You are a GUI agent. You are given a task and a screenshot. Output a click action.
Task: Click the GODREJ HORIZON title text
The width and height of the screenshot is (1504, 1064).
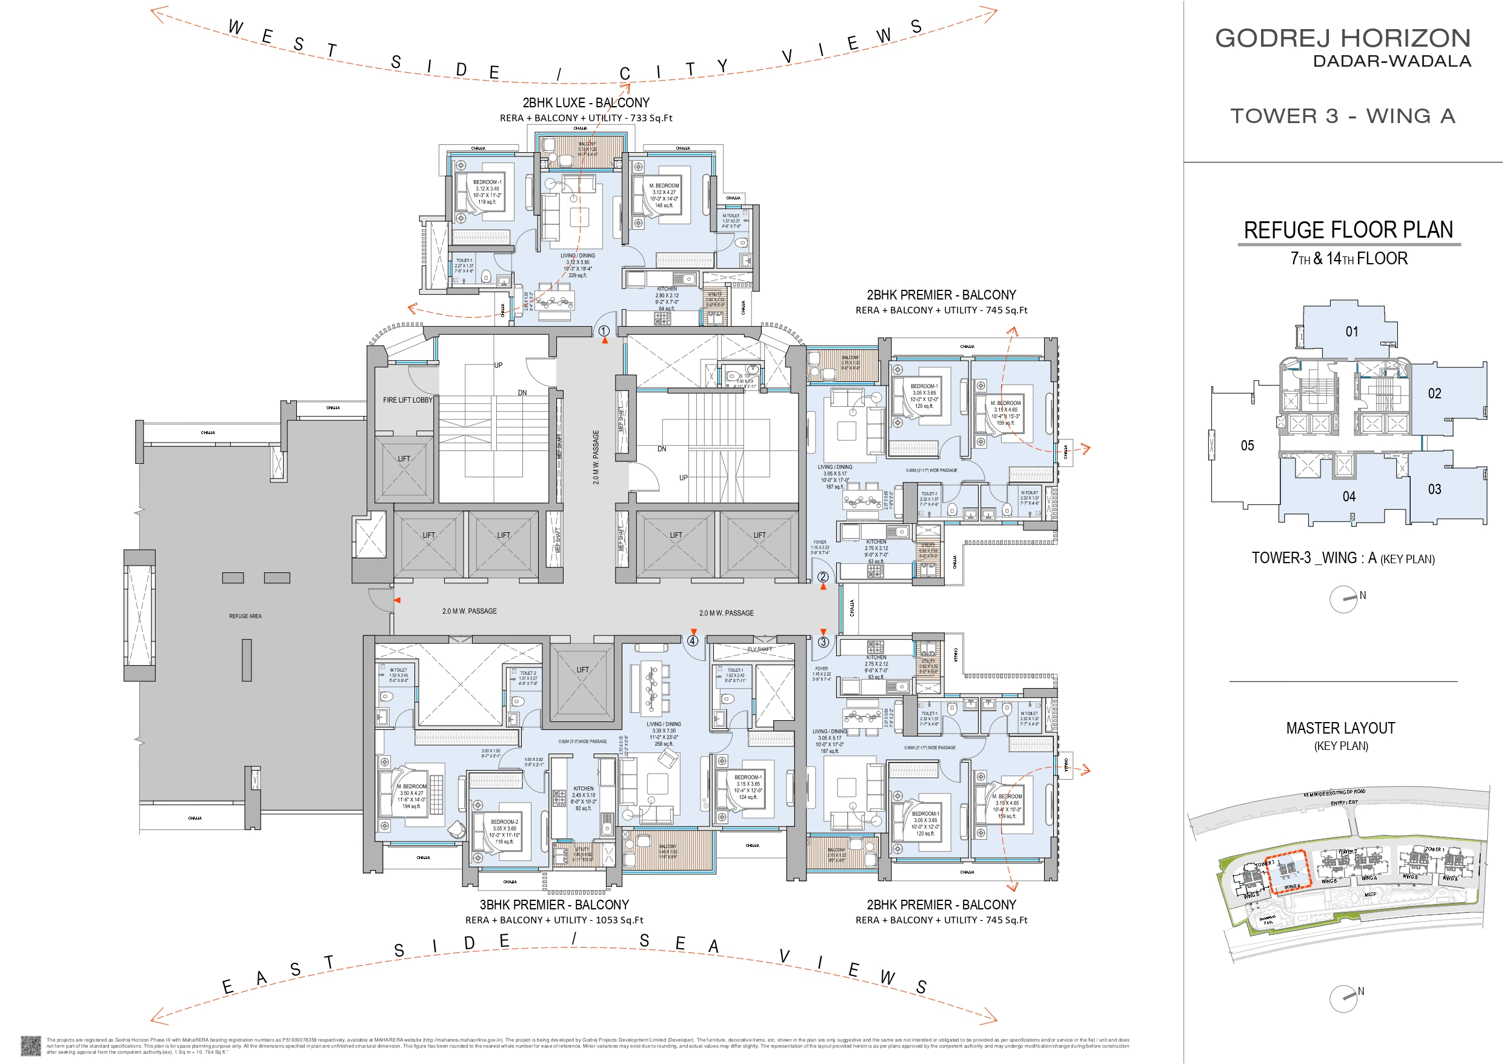coord(1342,39)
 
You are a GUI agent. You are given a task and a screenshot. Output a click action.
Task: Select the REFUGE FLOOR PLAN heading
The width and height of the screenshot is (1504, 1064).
coord(1348,230)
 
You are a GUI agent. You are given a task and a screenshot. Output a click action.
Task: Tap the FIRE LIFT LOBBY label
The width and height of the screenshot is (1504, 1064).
coord(407,400)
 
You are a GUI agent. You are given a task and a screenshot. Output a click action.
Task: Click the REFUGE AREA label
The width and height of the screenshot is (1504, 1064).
coord(245,616)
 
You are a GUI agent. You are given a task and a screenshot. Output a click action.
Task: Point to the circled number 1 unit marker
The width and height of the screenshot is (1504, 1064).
coord(604,331)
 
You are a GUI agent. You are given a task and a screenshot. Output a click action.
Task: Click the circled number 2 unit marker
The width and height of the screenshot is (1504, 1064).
coord(823,577)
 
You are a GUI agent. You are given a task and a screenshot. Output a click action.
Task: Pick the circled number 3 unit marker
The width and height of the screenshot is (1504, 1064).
coord(824,643)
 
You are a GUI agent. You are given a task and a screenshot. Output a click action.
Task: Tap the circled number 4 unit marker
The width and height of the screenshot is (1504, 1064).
coord(693,641)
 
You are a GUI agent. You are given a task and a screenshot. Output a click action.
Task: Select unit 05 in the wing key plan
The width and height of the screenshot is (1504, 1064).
coord(1247,446)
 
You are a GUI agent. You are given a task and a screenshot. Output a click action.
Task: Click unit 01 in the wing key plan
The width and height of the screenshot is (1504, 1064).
coord(1352,332)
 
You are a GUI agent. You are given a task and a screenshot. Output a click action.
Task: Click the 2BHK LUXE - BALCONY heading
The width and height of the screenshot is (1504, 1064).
coord(585,103)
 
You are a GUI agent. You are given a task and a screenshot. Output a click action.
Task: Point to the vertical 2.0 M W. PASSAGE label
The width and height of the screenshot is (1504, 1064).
coord(596,457)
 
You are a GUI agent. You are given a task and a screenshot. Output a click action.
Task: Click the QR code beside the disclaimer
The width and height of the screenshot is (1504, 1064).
coord(31,1046)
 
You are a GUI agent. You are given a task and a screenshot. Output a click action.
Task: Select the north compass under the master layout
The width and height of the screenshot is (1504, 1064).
coord(1343,999)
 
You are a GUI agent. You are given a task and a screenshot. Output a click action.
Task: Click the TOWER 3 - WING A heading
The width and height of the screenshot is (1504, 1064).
coord(1342,116)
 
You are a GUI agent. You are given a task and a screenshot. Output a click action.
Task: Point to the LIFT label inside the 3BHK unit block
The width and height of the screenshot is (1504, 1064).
coord(582,670)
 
